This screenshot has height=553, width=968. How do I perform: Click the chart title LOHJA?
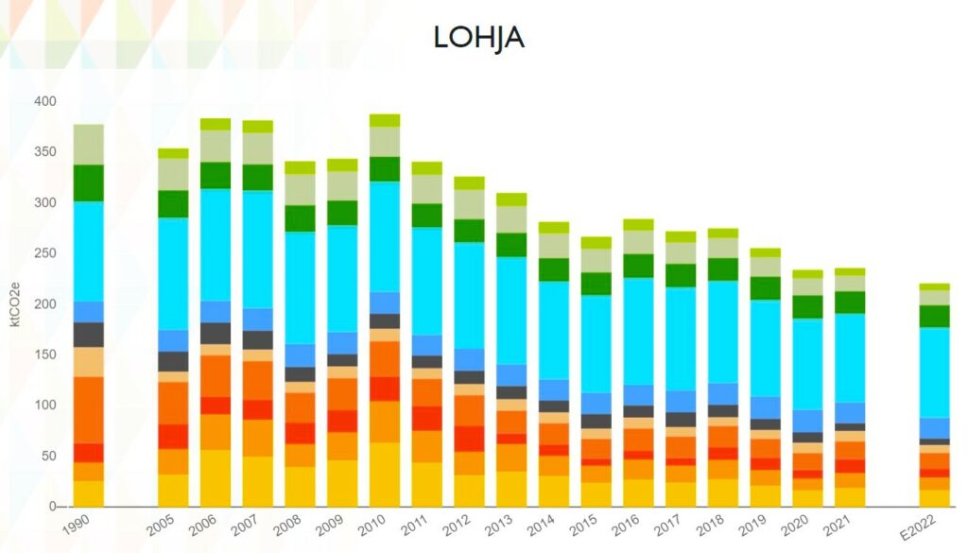(x=478, y=37)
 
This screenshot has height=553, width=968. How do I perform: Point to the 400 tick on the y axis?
(x=45, y=101)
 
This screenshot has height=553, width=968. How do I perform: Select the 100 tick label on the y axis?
(x=45, y=406)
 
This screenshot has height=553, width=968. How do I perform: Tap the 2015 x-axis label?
(x=585, y=525)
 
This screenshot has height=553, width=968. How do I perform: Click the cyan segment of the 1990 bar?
(x=89, y=251)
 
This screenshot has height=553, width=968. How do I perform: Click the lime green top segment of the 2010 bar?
(x=385, y=120)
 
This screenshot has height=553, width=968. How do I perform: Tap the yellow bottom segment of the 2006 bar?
(x=215, y=478)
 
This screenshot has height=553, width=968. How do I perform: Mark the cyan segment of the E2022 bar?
(x=935, y=372)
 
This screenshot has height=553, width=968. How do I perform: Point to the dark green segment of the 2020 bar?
(x=807, y=306)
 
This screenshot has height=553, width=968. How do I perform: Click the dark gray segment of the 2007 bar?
(x=257, y=340)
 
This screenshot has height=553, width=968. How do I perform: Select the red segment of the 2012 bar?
(x=470, y=439)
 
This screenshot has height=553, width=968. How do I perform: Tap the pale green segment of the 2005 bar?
(x=173, y=174)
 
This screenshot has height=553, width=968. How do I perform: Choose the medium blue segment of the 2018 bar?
(x=723, y=393)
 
